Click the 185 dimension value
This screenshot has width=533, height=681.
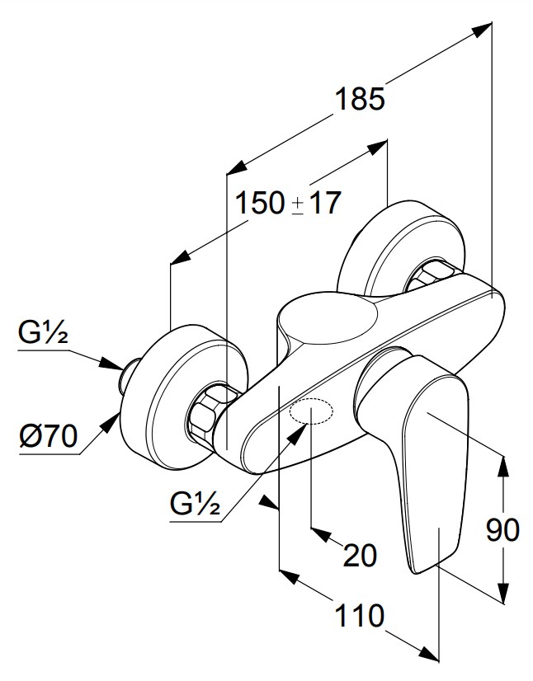pyautogui.click(x=360, y=99)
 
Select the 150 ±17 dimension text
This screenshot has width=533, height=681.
pyautogui.click(x=288, y=203)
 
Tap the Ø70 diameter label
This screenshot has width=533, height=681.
pyautogui.click(x=49, y=435)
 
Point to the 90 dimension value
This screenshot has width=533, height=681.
pyautogui.click(x=502, y=530)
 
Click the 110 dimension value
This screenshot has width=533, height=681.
pyautogui.click(x=360, y=615)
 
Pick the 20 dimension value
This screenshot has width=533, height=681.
pyautogui.click(x=360, y=555)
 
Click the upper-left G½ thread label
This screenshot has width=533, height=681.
pyautogui.click(x=43, y=332)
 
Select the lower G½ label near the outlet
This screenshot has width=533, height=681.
pyautogui.click(x=196, y=504)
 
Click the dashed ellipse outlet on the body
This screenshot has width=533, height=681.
pyautogui.click(x=312, y=411)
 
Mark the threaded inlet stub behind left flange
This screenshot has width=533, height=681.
pyautogui.click(x=128, y=373)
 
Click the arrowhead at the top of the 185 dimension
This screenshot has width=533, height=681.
pyautogui.click(x=482, y=30)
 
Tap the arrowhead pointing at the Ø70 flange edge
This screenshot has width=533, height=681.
pyautogui.click(x=111, y=422)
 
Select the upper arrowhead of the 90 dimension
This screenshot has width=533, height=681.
pyautogui.click(x=503, y=466)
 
